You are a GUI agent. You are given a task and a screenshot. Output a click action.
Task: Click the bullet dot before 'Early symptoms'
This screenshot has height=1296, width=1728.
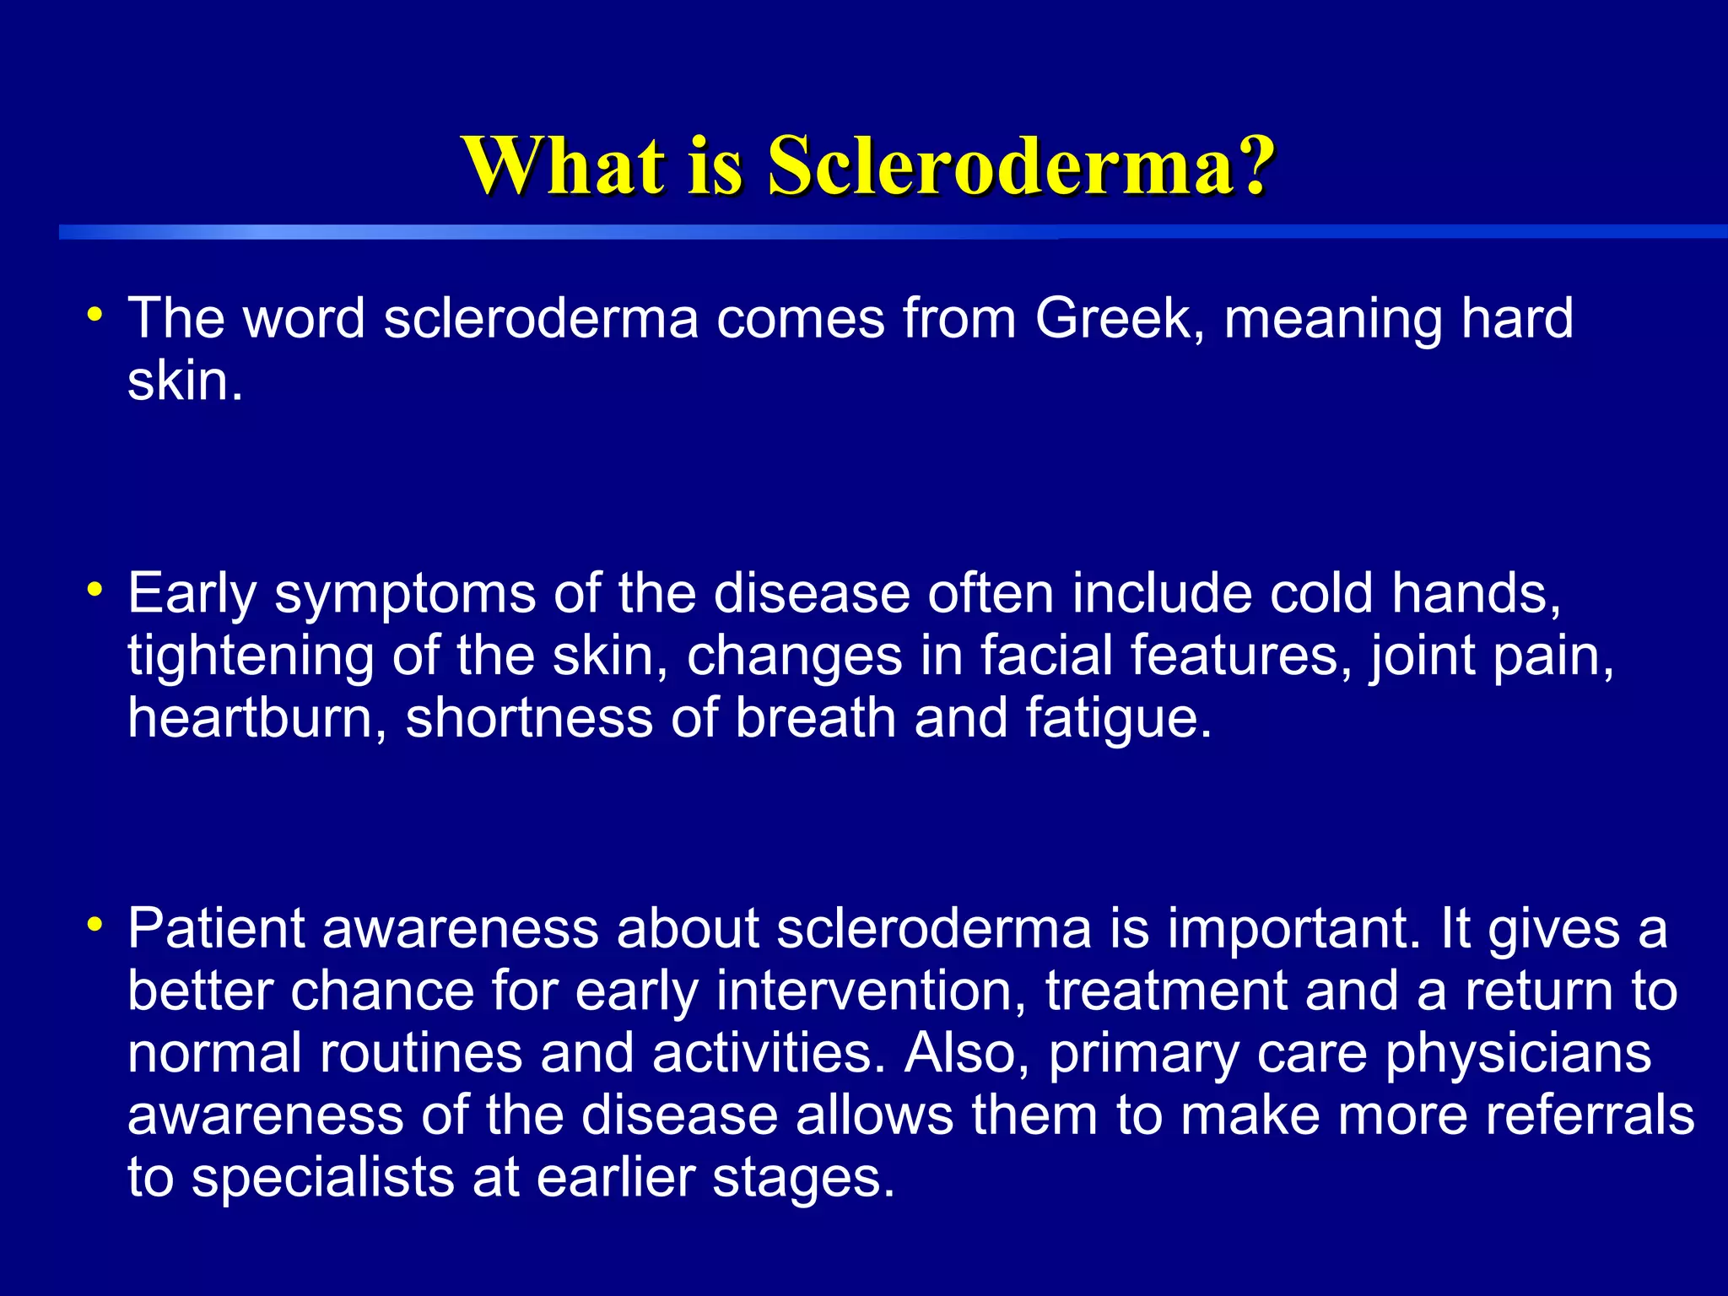(x=95, y=588)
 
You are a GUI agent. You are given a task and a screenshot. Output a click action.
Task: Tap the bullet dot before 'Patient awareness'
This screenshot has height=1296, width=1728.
(x=95, y=924)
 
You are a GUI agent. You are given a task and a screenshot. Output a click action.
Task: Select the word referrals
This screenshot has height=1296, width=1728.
(x=1590, y=1116)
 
